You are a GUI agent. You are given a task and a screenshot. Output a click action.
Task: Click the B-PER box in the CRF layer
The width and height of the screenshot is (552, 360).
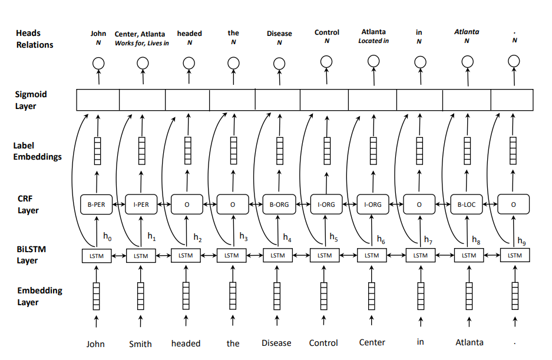(96, 204)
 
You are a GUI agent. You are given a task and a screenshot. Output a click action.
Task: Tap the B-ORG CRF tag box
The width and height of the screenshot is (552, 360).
(279, 204)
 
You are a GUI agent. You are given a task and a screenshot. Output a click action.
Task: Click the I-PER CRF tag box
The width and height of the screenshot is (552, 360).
(141, 204)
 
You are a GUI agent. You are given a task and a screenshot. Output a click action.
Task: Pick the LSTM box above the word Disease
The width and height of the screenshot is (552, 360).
(277, 256)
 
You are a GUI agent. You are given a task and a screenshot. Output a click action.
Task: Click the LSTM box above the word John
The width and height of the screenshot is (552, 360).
(96, 256)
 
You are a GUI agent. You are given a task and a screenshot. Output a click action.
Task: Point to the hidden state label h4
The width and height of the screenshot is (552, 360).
(287, 238)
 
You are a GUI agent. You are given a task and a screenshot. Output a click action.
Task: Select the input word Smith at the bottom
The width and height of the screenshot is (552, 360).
(140, 344)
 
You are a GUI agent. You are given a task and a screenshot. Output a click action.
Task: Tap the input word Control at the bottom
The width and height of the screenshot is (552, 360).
(323, 343)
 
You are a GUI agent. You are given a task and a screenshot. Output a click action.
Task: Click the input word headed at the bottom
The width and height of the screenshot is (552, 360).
(186, 343)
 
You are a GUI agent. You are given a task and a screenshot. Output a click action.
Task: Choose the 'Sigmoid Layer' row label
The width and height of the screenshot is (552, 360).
(31, 100)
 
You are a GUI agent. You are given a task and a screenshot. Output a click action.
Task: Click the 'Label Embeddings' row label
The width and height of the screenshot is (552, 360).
(37, 151)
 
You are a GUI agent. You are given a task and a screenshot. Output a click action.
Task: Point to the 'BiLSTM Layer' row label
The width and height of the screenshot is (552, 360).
(31, 255)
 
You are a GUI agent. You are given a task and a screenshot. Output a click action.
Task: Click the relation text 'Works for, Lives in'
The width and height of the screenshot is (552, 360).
(141, 43)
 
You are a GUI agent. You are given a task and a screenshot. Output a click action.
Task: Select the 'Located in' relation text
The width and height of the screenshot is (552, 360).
(373, 41)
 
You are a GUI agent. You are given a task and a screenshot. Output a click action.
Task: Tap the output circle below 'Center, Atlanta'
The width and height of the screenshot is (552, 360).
(142, 62)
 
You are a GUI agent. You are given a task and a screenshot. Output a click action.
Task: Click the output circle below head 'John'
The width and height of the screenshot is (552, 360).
(98, 62)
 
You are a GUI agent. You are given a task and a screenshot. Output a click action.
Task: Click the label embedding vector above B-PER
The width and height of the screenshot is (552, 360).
(98, 152)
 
